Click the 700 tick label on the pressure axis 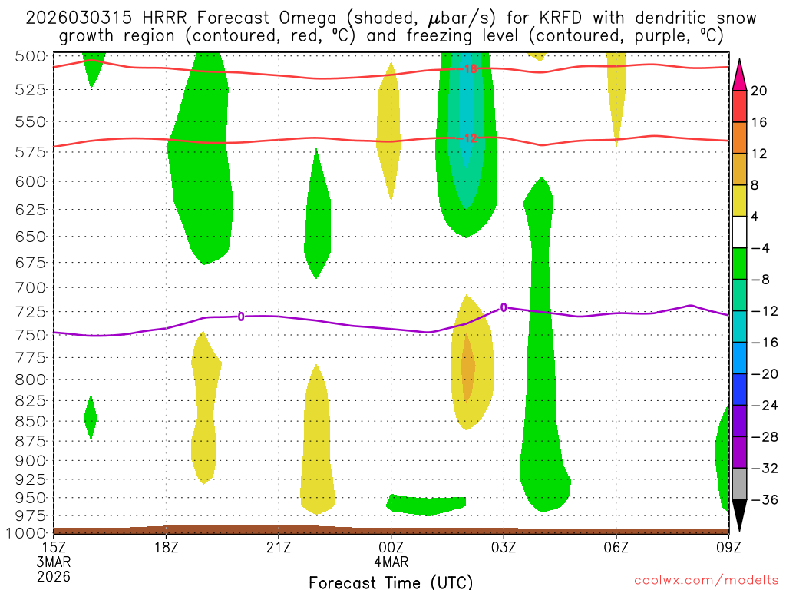click(28, 287)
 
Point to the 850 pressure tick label click(28, 421)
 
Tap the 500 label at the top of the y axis click(28, 55)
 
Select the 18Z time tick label click(166, 547)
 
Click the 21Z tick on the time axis click(279, 547)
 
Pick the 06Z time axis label click(616, 547)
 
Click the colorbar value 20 click(759, 91)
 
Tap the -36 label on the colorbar click(763, 499)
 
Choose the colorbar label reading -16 click(763, 343)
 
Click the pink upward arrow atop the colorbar click(740, 75)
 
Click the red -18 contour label click(470, 69)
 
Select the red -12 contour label click(470, 138)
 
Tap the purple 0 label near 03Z click(504, 307)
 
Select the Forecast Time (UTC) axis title click(391, 582)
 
